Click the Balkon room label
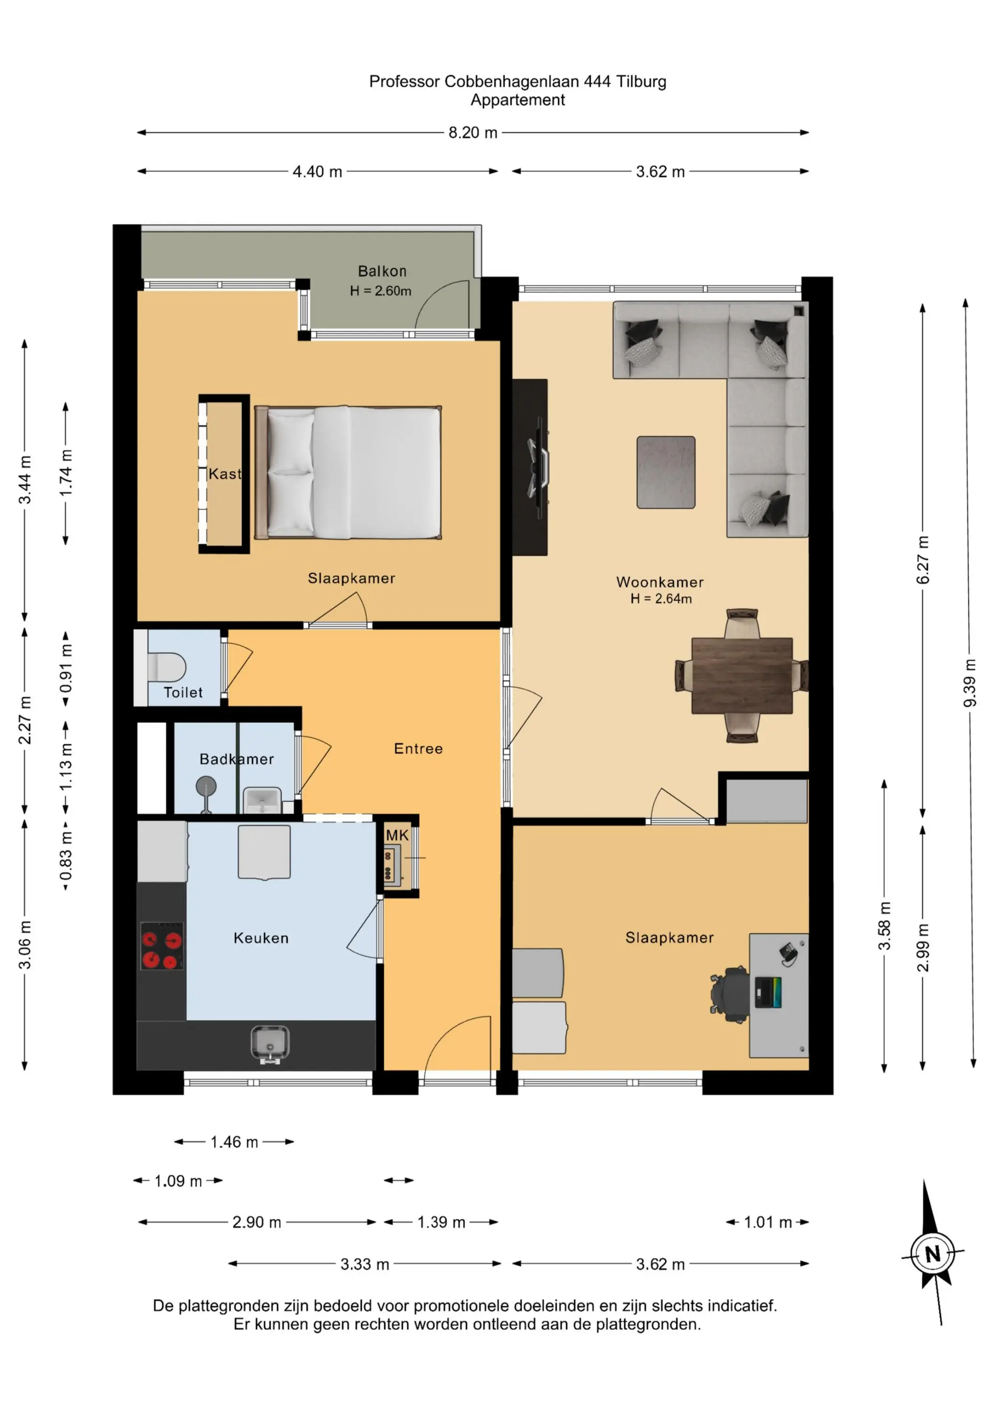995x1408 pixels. (x=382, y=271)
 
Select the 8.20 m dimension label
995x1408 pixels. (x=473, y=132)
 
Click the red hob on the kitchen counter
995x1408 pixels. (x=162, y=946)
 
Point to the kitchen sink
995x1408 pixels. (x=270, y=1044)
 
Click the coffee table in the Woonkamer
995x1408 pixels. (x=666, y=472)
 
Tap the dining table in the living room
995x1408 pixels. (x=742, y=676)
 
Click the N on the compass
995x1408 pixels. (x=933, y=1254)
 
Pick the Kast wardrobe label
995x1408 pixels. (x=225, y=474)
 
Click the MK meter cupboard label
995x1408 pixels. (x=397, y=835)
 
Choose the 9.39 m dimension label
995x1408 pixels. (x=969, y=683)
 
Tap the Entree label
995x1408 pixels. (x=418, y=749)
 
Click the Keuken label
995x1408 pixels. (x=261, y=938)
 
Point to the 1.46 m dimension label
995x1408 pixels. (x=234, y=1142)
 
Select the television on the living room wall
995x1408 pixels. (x=538, y=461)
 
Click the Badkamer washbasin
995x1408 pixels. (x=262, y=800)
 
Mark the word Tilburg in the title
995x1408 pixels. (x=641, y=82)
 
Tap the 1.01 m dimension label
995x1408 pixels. (x=767, y=1222)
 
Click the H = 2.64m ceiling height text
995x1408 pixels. (x=661, y=599)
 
